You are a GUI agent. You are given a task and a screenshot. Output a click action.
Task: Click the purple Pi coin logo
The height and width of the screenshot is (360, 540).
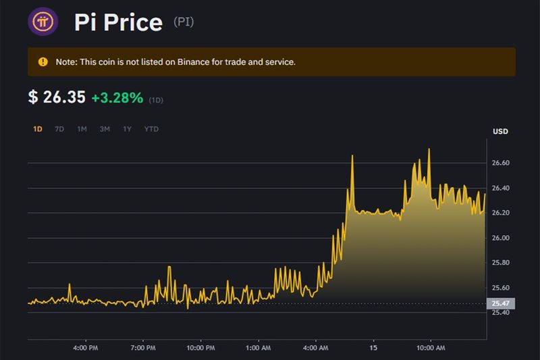coord(43,22)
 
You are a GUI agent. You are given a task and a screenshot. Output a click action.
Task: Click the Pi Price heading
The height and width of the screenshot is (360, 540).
coord(118,22)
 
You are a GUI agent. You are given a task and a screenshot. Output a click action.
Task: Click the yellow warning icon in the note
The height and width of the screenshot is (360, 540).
coord(43,62)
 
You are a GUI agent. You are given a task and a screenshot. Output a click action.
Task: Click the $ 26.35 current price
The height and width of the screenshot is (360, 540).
coord(57,98)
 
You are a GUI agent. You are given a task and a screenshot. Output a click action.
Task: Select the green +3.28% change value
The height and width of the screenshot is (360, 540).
coord(117,98)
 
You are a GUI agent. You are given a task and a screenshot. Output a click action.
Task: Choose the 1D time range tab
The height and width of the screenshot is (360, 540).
coord(38,129)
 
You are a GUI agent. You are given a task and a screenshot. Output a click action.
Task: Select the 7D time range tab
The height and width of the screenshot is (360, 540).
coord(59,129)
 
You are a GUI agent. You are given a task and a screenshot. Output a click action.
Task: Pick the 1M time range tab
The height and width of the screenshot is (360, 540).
coord(82,129)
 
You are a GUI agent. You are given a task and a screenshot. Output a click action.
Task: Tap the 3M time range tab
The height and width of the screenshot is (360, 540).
coord(105,129)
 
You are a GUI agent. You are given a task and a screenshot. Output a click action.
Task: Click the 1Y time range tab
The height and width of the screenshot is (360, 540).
coord(127,129)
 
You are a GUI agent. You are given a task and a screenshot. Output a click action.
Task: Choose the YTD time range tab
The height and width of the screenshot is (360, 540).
coord(151,129)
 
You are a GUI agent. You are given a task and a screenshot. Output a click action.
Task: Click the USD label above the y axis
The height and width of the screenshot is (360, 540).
coord(500,131)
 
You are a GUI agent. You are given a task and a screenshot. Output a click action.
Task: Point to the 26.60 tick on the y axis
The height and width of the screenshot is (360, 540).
coord(502,163)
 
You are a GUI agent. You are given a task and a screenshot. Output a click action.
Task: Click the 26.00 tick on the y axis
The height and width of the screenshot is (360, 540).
coord(502,238)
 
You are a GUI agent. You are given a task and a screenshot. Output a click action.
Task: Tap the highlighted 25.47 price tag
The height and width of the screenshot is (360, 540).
coord(501,304)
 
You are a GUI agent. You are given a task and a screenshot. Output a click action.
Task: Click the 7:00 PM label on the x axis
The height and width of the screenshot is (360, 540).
coord(142,348)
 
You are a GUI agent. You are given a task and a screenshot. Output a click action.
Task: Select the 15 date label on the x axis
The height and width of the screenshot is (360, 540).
coord(374,348)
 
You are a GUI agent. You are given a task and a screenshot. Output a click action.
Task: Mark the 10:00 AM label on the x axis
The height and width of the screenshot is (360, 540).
coord(431,348)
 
